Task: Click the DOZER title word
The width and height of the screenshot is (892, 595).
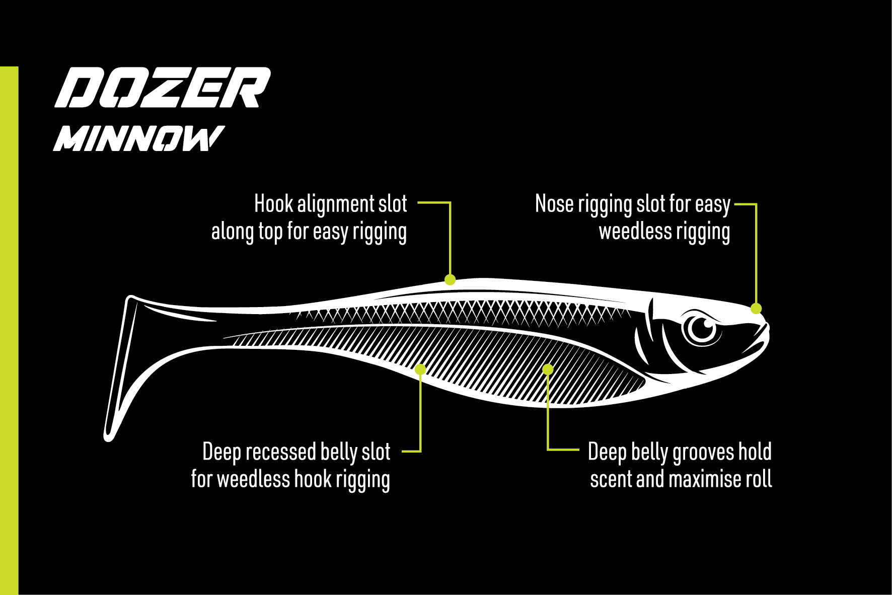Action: (x=163, y=88)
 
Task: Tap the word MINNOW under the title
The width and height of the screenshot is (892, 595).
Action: (x=138, y=138)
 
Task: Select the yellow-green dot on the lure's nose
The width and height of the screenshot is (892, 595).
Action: (x=756, y=309)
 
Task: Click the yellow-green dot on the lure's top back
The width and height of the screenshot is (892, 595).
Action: (x=450, y=280)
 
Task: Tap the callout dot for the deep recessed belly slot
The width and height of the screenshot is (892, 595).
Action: (x=420, y=370)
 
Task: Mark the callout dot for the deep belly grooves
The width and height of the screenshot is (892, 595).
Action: (x=548, y=370)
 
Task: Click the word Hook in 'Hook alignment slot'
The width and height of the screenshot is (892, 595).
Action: (x=273, y=204)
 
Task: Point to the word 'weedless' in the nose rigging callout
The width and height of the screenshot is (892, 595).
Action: (x=635, y=231)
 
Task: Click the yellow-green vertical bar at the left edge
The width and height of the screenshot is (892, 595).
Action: (x=9, y=331)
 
